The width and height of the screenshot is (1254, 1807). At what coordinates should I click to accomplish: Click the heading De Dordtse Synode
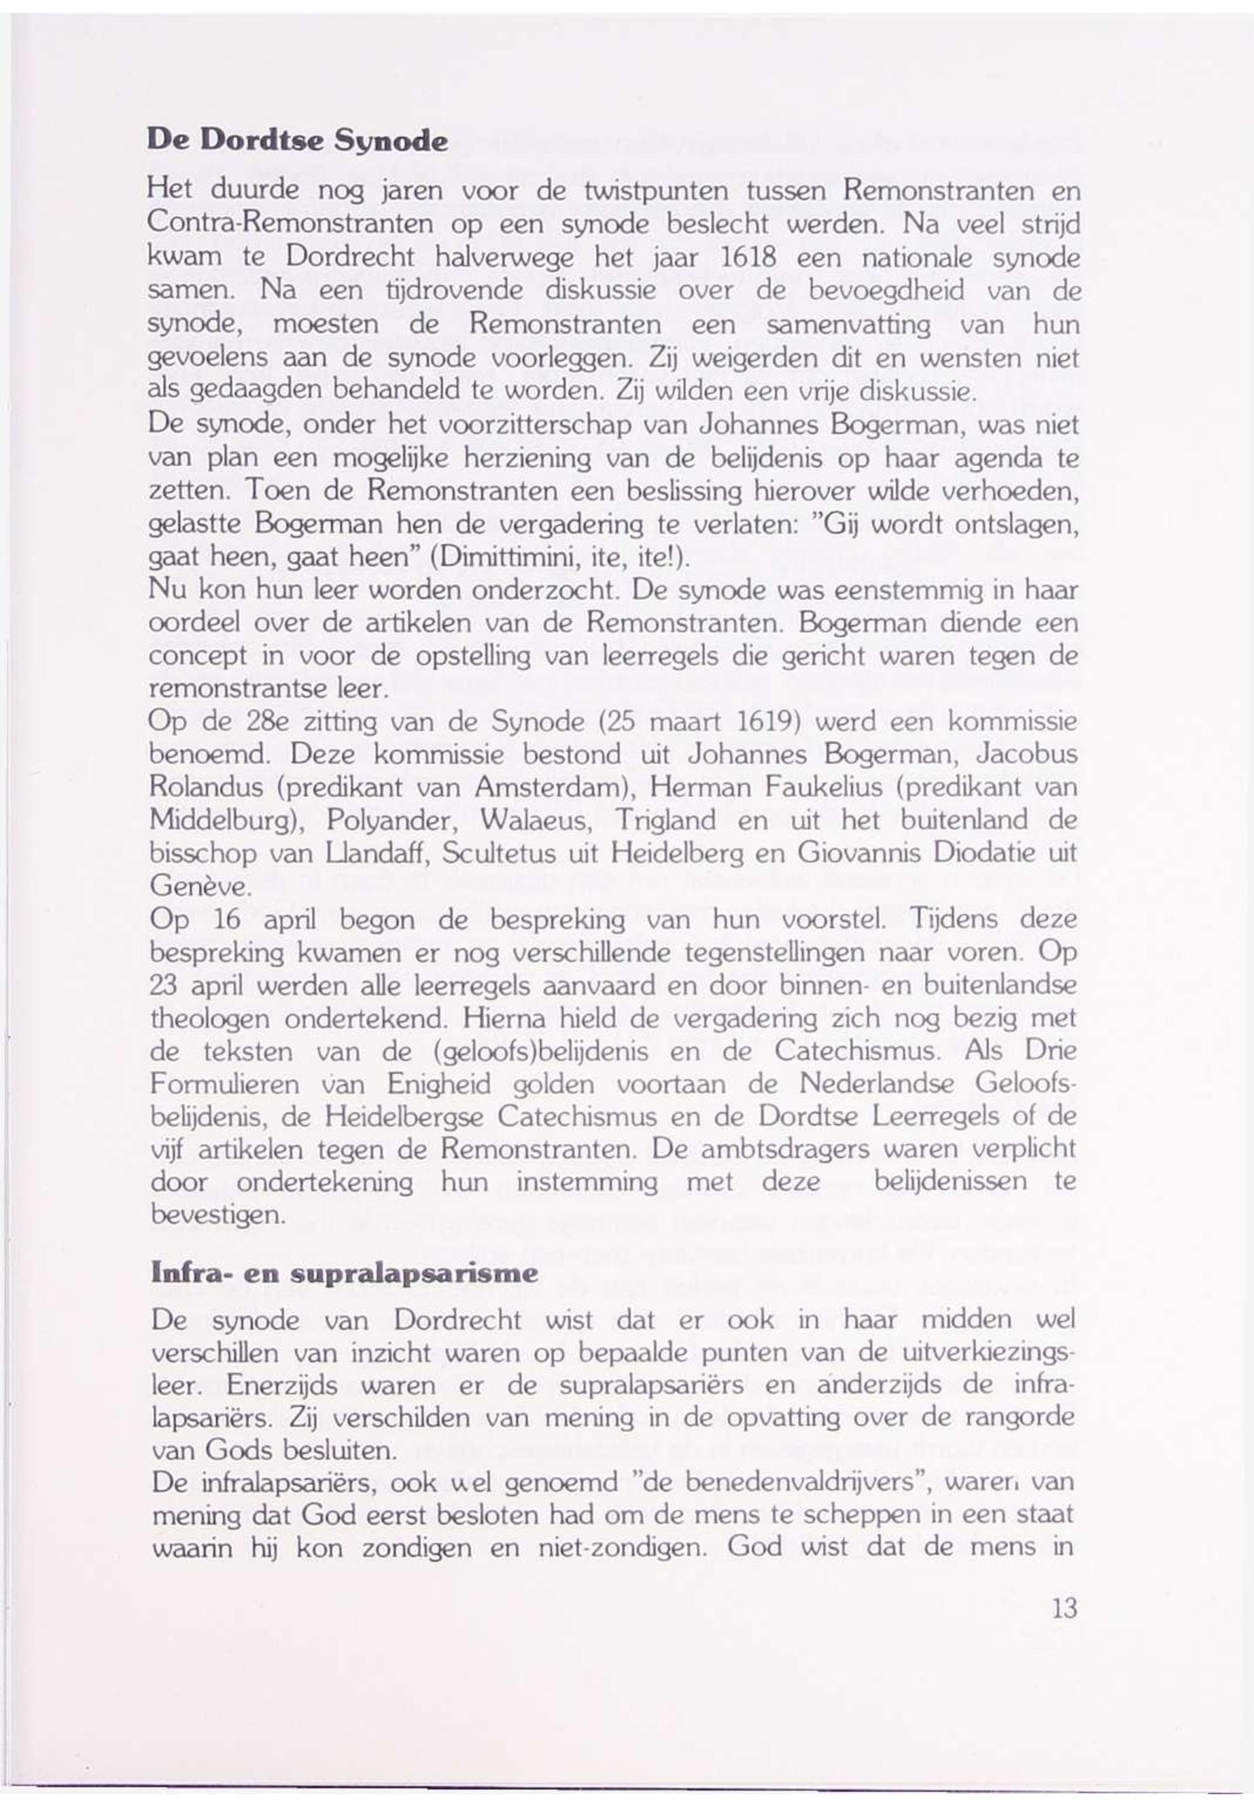coord(297,142)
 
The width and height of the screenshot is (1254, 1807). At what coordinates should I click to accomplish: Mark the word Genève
coord(201,887)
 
